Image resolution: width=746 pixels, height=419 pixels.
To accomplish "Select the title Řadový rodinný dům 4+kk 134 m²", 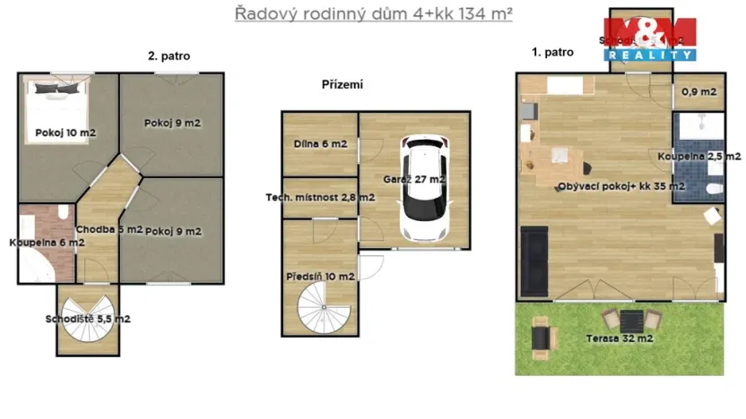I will tap(374, 13).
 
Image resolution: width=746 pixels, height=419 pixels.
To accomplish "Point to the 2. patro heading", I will tap(169, 56).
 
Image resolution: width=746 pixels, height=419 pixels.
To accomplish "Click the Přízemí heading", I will tap(343, 85).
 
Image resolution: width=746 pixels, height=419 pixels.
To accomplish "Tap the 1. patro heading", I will tap(552, 53).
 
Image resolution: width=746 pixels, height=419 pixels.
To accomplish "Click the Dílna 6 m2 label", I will tap(320, 143).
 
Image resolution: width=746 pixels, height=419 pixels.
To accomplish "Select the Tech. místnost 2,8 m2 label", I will tap(320, 198).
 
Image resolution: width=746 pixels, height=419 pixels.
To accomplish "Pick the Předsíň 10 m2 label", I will tap(320, 277).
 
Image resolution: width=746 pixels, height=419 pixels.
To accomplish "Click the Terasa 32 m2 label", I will tap(619, 338).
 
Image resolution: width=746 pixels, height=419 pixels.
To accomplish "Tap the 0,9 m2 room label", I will tap(698, 92).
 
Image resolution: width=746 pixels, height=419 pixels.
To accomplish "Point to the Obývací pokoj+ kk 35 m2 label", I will tap(620, 187).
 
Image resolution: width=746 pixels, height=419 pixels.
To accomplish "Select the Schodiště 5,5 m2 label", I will tap(88, 319).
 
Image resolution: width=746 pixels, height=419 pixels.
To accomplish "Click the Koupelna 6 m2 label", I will tap(47, 243).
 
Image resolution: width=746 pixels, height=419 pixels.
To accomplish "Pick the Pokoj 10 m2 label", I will tap(65, 133).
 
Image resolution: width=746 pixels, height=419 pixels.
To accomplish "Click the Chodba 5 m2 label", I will tap(109, 230).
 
